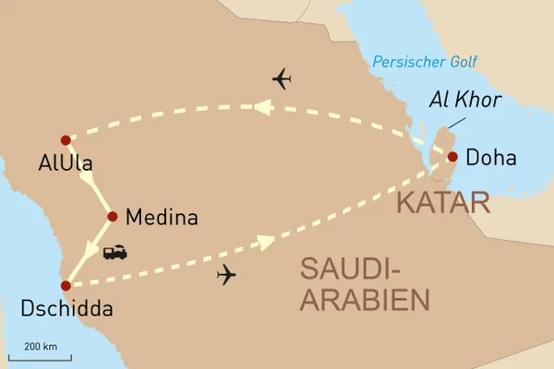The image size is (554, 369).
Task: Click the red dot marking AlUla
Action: pyautogui.click(x=65, y=140)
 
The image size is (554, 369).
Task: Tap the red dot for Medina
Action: pyautogui.click(x=112, y=217)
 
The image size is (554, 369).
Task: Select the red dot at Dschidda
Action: pyautogui.click(x=65, y=286)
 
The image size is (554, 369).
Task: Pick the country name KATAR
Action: pyautogui.click(x=442, y=204)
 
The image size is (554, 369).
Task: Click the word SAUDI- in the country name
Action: pyautogui.click(x=353, y=270)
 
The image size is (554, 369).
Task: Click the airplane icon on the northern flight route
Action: pyautogui.click(x=283, y=79)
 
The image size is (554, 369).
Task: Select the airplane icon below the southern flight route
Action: pyautogui.click(x=224, y=275)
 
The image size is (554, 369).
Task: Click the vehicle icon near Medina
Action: pyautogui.click(x=115, y=251)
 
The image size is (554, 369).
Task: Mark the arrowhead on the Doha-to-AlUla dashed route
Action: pyautogui.click(x=263, y=108)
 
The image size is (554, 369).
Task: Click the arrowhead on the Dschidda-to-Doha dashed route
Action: pyautogui.click(x=265, y=243)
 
